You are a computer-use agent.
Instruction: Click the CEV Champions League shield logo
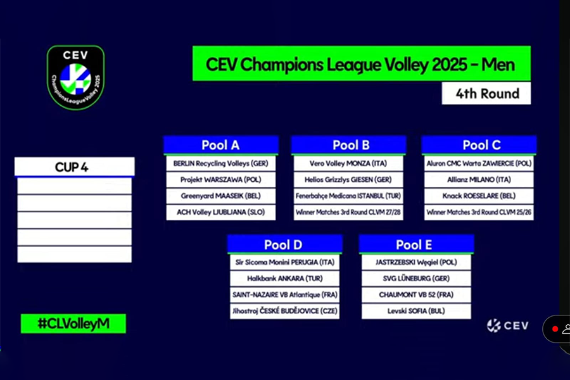tap(75, 77)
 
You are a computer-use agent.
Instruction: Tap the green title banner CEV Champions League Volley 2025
tap(362, 63)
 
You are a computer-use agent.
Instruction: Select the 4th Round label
tap(486, 94)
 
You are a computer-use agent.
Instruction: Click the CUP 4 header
tap(75, 167)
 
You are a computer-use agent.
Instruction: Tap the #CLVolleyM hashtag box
tap(73, 323)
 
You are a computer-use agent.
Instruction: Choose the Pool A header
tap(220, 145)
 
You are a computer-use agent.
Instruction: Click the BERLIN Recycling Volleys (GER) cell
tap(220, 163)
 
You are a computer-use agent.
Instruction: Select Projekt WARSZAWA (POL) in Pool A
tap(220, 180)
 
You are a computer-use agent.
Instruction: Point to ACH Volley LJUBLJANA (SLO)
tap(220, 212)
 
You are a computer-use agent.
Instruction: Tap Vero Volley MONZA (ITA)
tap(348, 163)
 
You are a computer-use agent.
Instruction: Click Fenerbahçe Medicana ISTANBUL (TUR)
tap(348, 196)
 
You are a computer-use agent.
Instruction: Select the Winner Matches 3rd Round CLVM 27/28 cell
tap(348, 212)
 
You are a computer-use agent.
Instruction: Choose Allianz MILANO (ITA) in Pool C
tap(479, 180)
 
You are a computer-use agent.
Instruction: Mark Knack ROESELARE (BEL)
tap(479, 196)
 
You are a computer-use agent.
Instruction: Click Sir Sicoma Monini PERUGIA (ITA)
tap(284, 262)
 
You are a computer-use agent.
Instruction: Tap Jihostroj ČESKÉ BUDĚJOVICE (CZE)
tap(284, 311)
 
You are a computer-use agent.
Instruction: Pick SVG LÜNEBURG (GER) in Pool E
tap(416, 279)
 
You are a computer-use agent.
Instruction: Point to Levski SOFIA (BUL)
tap(416, 311)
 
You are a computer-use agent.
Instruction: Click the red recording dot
tap(555, 329)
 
